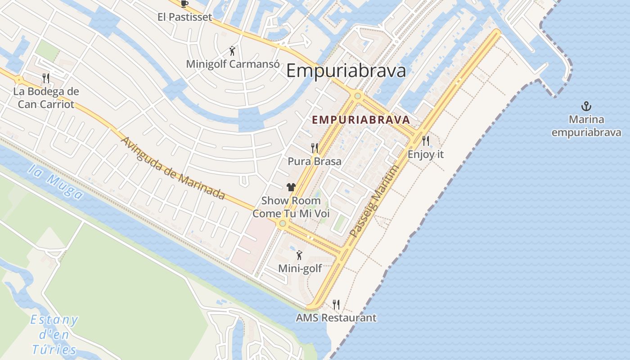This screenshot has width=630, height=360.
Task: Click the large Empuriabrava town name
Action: [346, 71]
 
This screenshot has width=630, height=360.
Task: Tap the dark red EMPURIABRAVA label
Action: [360, 120]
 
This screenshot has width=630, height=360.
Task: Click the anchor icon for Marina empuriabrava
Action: [586, 107]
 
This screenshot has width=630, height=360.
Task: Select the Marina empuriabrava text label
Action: [586, 126]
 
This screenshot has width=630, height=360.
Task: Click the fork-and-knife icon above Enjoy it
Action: [426, 141]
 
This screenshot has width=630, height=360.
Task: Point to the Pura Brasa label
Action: [314, 161]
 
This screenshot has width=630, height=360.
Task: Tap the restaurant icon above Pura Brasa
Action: [315, 147]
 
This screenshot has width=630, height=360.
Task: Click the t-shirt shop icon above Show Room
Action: [291, 187]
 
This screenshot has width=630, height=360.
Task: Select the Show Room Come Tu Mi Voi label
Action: [291, 207]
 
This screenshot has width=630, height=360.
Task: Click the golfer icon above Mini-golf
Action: [299, 256]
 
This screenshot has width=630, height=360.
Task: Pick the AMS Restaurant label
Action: [336, 318]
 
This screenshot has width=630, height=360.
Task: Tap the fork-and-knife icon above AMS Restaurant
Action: [336, 304]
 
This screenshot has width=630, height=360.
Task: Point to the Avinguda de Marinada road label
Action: [173, 167]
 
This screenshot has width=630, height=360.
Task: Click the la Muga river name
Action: [55, 181]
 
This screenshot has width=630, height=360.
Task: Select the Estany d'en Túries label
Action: [54, 335]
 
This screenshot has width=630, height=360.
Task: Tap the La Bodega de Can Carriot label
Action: [46, 98]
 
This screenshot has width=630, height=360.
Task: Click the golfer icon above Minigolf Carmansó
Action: [232, 51]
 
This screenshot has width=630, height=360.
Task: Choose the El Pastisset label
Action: [184, 17]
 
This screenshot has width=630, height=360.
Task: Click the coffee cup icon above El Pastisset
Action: [184, 4]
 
